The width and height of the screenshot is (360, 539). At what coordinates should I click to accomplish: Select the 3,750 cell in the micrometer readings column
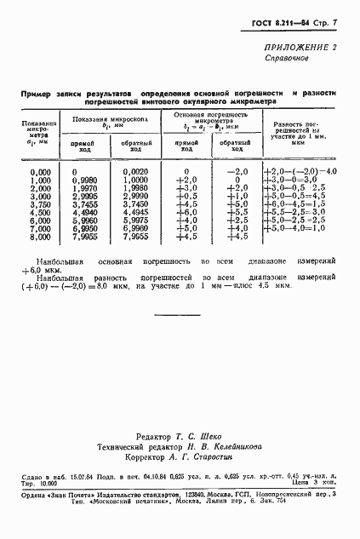click(x=41, y=204)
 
